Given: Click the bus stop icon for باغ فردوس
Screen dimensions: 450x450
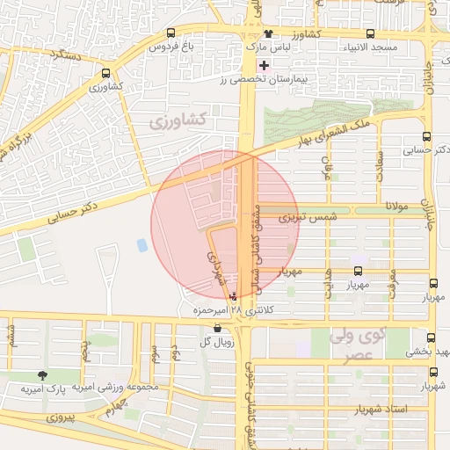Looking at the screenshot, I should tap(170, 33).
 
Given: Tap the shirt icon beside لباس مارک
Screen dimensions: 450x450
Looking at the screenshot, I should tap(257, 33).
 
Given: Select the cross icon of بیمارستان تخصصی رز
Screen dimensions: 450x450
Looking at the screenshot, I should tap(263, 65).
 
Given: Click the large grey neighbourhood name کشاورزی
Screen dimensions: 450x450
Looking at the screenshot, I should tap(178, 119).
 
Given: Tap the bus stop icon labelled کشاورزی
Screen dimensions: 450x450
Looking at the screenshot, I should tap(105, 74).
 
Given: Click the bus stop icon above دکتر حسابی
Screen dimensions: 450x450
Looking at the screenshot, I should tap(426, 137).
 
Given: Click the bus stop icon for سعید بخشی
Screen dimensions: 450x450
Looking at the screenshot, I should tap(430, 338).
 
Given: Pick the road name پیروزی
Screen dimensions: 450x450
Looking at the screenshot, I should tap(63, 412).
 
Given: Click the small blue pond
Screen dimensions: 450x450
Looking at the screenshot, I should tap(142, 245).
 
